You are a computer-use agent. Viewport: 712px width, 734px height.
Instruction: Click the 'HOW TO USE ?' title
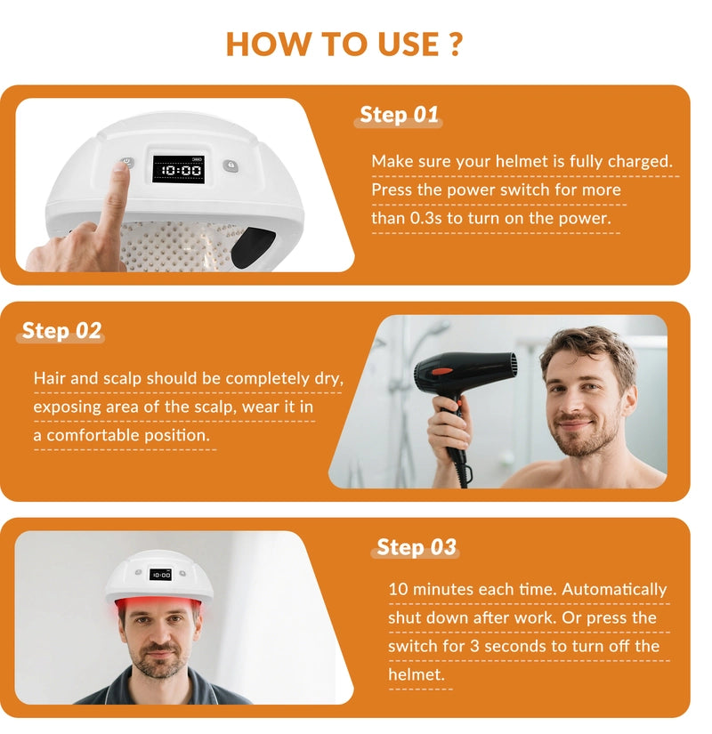point(344,44)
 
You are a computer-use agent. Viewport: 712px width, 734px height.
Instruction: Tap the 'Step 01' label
point(399,115)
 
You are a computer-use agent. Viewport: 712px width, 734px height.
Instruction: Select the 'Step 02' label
point(61,330)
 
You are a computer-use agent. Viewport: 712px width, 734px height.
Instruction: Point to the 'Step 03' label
point(416,546)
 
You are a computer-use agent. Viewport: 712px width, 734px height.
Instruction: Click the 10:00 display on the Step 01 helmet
point(180,169)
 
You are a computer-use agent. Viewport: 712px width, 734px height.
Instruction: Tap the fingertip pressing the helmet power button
point(121,171)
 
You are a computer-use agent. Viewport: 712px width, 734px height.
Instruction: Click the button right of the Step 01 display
point(231,165)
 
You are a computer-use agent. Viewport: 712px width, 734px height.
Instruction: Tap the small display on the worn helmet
point(160,575)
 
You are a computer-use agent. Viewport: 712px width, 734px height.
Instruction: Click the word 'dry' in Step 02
point(328,378)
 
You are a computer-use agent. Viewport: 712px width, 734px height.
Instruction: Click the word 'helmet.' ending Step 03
point(416,674)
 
